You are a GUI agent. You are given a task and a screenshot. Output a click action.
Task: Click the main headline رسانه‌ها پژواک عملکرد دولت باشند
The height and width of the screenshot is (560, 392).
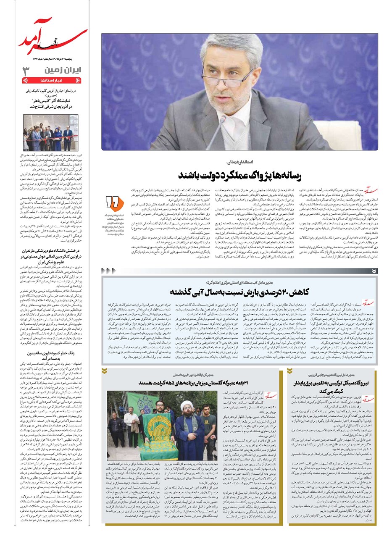(239, 175)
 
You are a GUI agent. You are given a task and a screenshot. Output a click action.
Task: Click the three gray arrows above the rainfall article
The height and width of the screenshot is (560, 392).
(108, 271)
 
